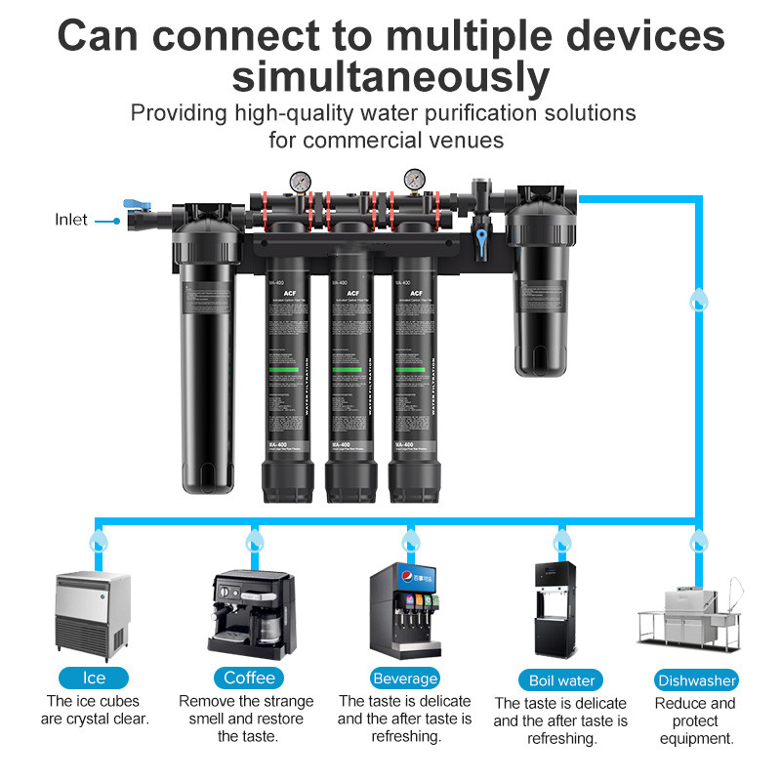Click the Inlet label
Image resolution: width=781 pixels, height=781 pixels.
pos(71,220)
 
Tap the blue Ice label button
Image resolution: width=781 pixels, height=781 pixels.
pos(94,678)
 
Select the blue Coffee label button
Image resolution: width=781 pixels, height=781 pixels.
pos(249,678)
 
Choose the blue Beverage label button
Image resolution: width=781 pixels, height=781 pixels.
pos(405,678)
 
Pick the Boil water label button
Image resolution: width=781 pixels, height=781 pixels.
pos(560,679)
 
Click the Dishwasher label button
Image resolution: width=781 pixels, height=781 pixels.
pos(696,680)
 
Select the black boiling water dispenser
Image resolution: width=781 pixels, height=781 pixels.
pos(558,609)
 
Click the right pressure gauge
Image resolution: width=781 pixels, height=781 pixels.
pos(415,183)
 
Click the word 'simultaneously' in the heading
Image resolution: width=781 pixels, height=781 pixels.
pos(390,75)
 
